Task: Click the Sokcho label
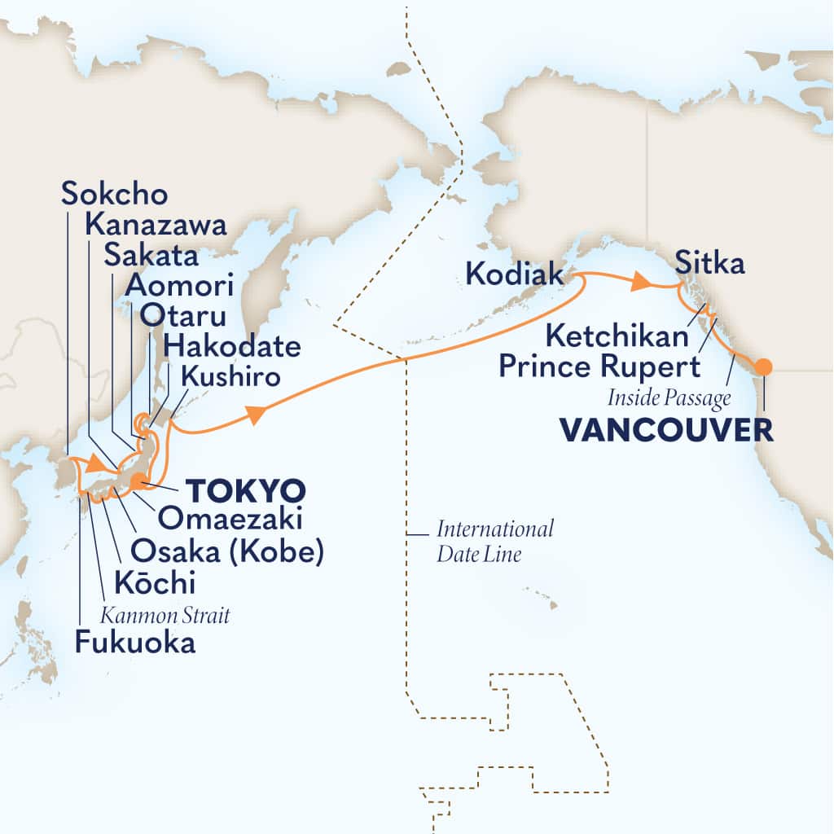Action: tap(114, 195)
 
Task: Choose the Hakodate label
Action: tap(232, 347)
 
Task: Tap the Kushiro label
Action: tap(231, 377)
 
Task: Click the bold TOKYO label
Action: tap(246, 491)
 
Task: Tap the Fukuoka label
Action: tap(134, 643)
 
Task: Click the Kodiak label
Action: tap(514, 274)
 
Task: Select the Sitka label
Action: tap(709, 264)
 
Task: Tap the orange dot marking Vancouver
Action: tap(762, 367)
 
